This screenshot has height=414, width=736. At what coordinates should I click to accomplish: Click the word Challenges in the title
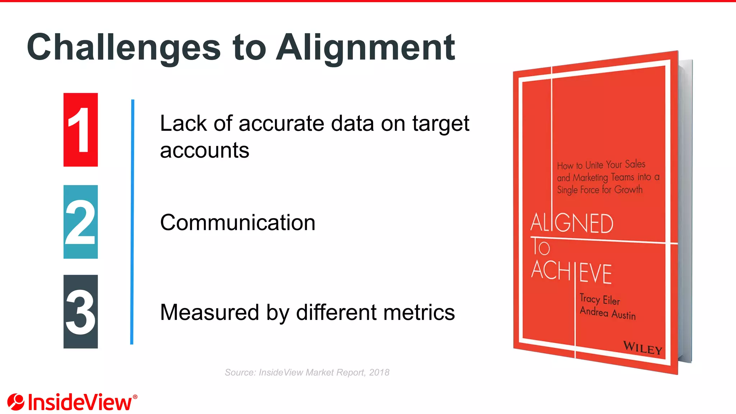click(124, 47)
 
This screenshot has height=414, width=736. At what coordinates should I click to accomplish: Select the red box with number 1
click(80, 130)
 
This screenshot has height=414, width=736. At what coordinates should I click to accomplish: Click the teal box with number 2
click(80, 222)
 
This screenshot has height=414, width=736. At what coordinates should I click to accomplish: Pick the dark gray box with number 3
click(80, 312)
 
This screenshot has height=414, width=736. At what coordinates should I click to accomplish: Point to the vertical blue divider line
click(132, 222)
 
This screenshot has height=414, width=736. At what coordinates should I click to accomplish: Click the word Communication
click(238, 222)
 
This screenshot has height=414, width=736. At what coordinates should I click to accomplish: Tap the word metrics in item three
click(419, 312)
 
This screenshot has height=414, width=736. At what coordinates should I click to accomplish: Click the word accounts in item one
click(204, 150)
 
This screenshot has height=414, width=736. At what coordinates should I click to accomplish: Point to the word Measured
click(210, 312)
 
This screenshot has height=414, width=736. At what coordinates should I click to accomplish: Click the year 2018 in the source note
click(379, 372)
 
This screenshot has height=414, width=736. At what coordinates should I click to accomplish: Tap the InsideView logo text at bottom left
click(80, 402)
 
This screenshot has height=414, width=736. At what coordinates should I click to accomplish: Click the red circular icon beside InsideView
click(16, 402)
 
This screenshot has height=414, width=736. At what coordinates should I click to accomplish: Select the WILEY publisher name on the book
click(643, 348)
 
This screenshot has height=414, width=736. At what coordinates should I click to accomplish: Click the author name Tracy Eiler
click(600, 299)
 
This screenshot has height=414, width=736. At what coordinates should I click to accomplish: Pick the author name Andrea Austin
click(608, 313)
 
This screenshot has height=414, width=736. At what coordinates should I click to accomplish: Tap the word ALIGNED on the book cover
click(572, 223)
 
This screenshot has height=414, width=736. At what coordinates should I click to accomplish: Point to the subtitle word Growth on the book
click(628, 189)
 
